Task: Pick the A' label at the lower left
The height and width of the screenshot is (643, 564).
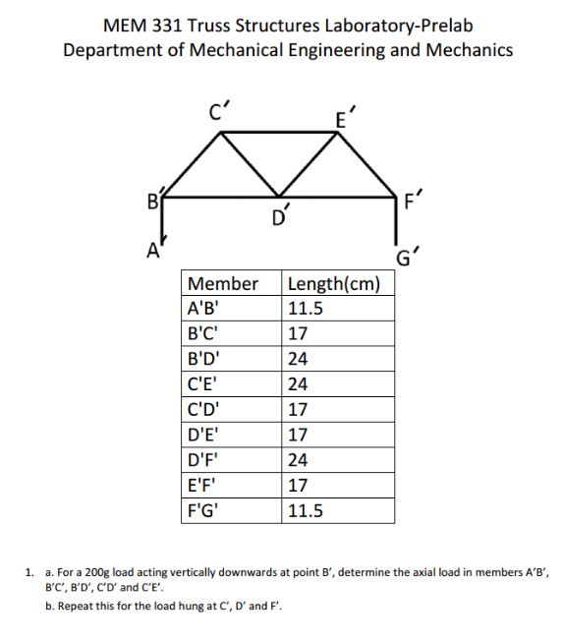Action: point(154,249)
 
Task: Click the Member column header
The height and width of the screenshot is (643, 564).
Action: point(222,284)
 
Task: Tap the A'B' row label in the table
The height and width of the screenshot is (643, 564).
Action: point(202,308)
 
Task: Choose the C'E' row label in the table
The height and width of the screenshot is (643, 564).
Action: point(202,384)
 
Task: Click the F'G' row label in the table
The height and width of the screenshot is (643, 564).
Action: point(203,510)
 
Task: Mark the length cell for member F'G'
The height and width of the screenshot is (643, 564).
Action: point(305,510)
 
